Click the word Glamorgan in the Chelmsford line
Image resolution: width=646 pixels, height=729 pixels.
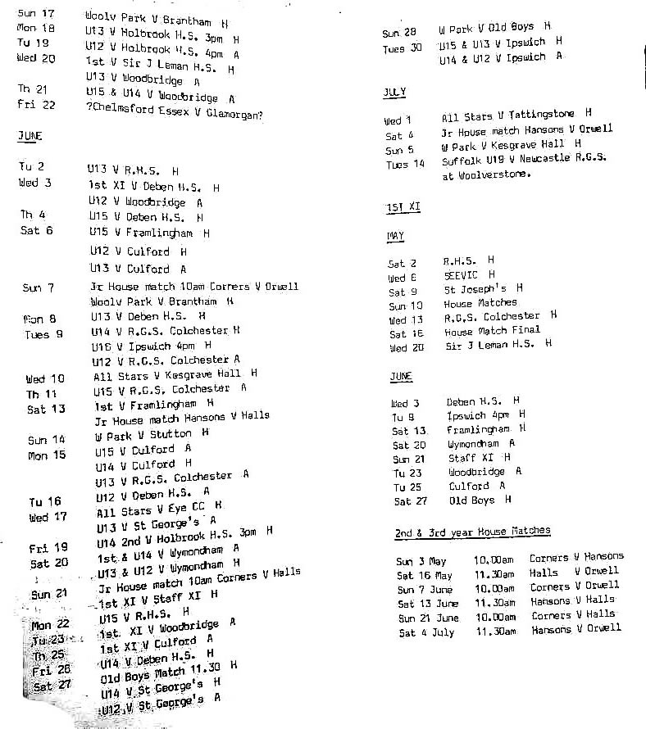[x=232, y=115]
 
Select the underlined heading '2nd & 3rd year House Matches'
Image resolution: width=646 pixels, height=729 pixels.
[x=472, y=532]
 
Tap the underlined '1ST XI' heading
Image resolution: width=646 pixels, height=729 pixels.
[x=403, y=208]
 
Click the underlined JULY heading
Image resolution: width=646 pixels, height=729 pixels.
[x=394, y=93]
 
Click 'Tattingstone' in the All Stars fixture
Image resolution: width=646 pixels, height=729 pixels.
[x=545, y=115]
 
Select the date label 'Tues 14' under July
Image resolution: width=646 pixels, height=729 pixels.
[x=405, y=164]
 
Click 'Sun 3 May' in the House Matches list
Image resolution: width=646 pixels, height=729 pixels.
[x=421, y=562]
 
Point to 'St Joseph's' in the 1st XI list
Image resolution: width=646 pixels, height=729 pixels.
[x=475, y=290]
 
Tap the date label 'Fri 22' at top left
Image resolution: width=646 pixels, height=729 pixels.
[x=36, y=104]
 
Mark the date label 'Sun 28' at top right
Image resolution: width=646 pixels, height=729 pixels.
[x=399, y=33]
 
